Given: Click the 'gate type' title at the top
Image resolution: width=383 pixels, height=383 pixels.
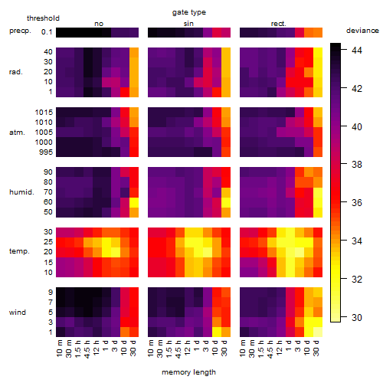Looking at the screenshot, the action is click(x=189, y=12).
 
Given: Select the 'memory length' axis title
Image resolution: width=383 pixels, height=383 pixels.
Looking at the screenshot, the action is click(x=188, y=372).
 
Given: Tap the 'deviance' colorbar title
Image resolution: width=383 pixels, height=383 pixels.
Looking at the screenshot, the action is click(x=362, y=31).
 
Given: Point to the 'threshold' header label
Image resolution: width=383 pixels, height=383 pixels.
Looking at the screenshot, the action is click(x=43, y=18).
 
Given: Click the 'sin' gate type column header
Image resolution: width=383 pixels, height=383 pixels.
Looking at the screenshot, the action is click(x=188, y=24).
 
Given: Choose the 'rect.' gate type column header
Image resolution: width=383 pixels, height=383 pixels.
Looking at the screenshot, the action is click(x=278, y=24).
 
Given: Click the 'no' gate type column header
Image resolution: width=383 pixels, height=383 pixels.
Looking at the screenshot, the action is click(x=99, y=24).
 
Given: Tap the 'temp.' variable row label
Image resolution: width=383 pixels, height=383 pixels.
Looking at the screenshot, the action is click(x=19, y=251).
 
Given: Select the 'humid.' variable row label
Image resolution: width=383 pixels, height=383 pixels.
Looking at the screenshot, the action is click(x=21, y=191).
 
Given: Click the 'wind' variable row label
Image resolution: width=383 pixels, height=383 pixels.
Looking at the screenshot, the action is click(x=18, y=313).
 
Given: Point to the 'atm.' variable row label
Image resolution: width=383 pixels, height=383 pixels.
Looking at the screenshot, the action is click(x=17, y=133).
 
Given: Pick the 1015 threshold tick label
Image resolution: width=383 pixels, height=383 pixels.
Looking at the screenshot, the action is click(x=44, y=113).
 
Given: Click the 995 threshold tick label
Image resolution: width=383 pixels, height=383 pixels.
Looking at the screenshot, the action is click(x=46, y=152).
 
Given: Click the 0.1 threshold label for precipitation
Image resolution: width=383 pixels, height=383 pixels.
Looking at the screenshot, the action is click(x=47, y=32).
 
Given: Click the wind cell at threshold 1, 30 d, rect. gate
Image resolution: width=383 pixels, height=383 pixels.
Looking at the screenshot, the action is click(x=318, y=332).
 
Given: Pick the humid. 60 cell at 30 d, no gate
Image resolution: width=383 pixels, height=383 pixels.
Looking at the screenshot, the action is click(x=134, y=202).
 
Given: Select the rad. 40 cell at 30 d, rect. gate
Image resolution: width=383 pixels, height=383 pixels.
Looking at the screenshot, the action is click(x=318, y=53).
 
